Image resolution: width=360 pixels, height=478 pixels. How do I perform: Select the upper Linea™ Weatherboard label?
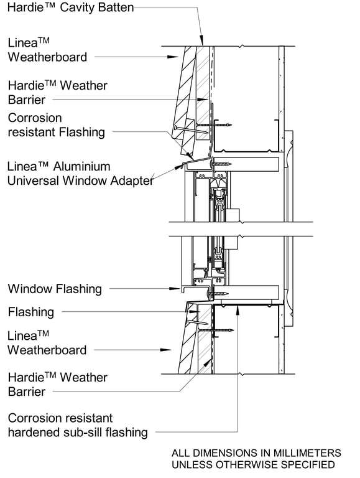point(47,50)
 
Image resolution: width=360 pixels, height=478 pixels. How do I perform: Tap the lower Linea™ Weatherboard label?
point(47,343)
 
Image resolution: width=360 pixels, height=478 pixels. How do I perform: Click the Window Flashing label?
point(55,289)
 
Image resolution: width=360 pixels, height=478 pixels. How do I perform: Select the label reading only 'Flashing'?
point(31,312)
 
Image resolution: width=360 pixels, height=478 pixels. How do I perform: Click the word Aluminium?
point(81,167)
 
